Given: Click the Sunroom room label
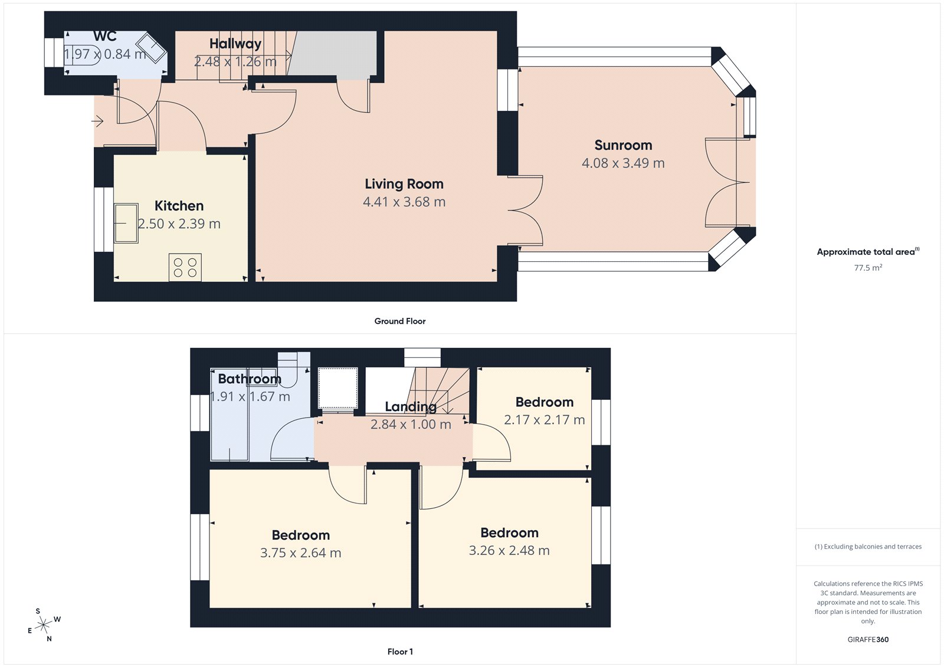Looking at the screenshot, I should (623, 145).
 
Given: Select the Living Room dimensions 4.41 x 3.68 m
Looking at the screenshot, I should (404, 202).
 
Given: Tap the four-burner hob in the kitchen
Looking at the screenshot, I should (185, 267).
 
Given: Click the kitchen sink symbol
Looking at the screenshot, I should (126, 224).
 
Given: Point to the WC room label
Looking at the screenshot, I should (105, 37).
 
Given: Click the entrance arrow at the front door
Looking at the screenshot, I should (98, 121).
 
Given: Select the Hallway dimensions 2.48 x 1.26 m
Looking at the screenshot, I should (235, 61).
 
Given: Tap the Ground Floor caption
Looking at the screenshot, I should (399, 321).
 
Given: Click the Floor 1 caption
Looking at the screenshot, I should (400, 652).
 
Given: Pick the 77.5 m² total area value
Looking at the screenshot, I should (868, 268).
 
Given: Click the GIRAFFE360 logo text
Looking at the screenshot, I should (868, 639).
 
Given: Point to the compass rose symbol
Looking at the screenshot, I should (44, 625).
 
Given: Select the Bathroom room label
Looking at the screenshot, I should (250, 379).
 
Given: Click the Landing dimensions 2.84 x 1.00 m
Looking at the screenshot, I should (411, 424).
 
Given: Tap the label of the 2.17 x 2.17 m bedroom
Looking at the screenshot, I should (544, 402).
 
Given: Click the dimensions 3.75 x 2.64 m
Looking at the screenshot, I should (300, 553).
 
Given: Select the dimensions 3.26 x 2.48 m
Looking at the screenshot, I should (509, 550).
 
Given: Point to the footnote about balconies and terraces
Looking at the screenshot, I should (868, 547).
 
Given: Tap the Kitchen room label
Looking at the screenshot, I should (179, 206).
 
